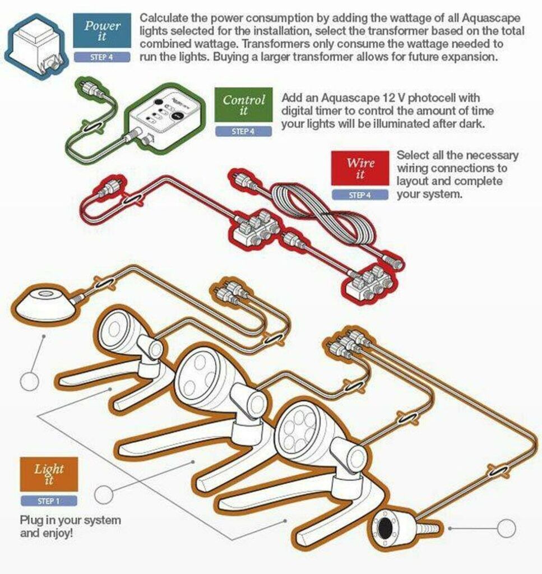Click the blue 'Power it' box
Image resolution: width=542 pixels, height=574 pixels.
tap(102, 30)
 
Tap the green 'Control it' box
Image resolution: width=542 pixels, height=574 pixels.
tap(243, 105)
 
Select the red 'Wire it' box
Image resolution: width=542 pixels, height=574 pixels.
tap(360, 168)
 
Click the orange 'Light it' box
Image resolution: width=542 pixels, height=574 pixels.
tap(49, 474)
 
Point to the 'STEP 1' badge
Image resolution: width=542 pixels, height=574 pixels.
tap(49, 501)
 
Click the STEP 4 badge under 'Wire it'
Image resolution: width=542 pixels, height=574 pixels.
tap(360, 195)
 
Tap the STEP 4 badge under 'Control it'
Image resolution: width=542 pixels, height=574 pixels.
tap(243, 131)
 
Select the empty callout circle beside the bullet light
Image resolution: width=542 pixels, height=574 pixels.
tap(507, 529)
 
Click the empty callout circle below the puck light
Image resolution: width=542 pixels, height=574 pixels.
tap(29, 381)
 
